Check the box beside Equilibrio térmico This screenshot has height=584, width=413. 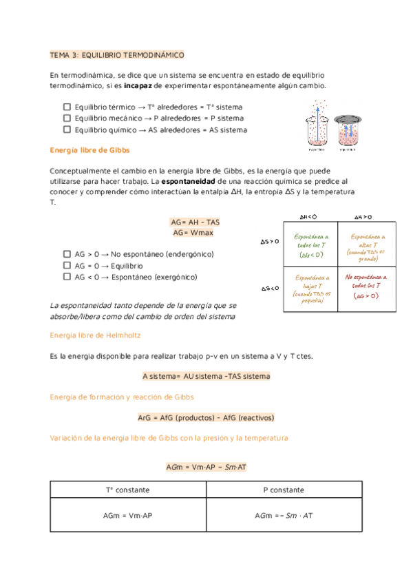point(67,107)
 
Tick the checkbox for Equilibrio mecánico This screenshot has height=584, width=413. point(67,118)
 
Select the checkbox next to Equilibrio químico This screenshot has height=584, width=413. point(67,129)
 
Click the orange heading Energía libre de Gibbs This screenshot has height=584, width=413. point(90,150)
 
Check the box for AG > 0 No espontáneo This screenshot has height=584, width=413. point(67,254)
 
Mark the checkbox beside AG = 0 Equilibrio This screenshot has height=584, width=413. point(67,265)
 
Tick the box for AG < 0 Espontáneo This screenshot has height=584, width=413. point(67,277)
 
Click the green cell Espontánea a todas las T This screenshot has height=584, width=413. point(313,245)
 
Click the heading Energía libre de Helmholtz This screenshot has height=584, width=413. point(100,335)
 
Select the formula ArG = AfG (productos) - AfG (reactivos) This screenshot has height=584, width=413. point(206,417)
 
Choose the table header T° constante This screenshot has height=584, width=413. point(128,490)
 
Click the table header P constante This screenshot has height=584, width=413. point(284,490)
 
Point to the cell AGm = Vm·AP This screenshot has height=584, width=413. point(128,515)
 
